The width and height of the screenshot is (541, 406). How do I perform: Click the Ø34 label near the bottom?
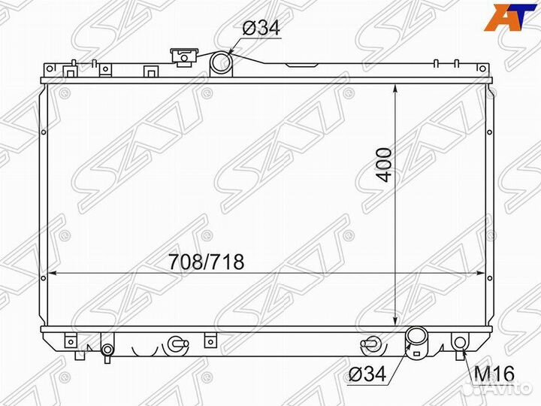point(370,373)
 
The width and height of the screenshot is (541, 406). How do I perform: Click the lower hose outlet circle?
point(416,339)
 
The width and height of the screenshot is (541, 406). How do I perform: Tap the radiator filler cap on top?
point(182,56)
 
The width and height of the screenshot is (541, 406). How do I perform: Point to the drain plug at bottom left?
point(107,350)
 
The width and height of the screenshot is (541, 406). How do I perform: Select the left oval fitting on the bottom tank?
point(177,344)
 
